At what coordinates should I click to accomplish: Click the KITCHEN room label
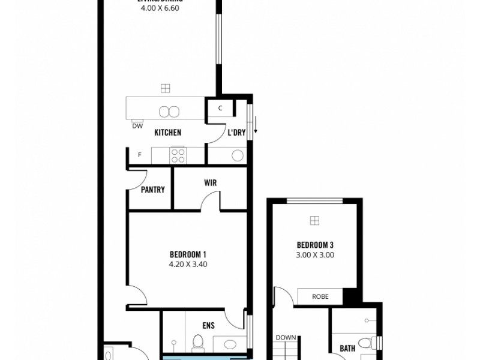pos(168,133)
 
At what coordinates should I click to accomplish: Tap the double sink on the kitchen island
pos(169,111)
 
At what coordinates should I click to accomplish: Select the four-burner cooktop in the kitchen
pos(177,155)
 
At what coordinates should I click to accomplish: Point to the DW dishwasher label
pos(137,126)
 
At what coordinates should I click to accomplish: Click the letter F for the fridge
pos(140,155)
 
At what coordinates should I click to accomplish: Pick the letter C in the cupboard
pos(220,109)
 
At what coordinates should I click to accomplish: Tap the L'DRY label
pos(236,133)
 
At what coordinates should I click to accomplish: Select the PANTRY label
pos(152,190)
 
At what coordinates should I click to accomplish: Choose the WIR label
pos(210,182)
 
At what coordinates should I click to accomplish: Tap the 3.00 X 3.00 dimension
pos(316,254)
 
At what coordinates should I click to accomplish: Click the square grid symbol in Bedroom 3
pos(315,221)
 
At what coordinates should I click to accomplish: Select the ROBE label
pos(320,296)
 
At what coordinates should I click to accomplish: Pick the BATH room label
pos(347,347)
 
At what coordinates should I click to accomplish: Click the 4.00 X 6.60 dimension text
pos(160,8)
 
